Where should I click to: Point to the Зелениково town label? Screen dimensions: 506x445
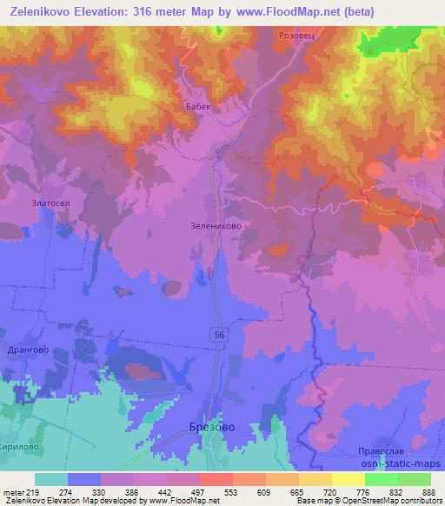click(215, 224)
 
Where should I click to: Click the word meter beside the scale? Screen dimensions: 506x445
click(12, 492)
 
